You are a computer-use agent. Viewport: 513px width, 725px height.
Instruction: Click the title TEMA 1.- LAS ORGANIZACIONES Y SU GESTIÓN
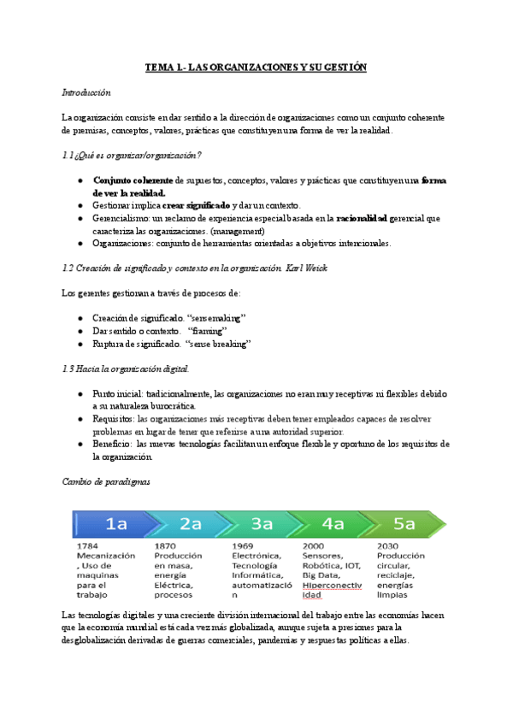point(256,67)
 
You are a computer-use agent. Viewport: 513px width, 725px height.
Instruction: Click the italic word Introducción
point(86,91)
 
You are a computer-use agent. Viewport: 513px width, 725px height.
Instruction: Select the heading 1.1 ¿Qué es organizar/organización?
point(132,155)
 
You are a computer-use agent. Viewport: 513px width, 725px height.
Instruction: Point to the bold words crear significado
point(197,206)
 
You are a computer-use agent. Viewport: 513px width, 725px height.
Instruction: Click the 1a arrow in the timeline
point(116,523)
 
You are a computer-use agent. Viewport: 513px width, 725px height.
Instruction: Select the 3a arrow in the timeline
point(262,523)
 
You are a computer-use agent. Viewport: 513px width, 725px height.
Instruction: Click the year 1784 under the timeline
point(89,545)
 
